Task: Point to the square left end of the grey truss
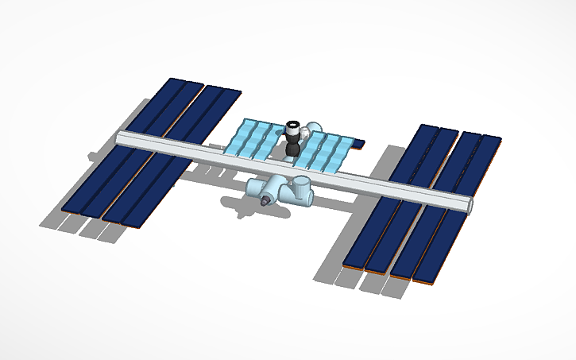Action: (119, 138)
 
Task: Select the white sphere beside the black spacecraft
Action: (315, 127)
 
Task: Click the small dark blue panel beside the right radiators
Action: (358, 144)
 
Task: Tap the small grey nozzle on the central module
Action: (263, 204)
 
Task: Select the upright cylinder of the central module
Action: (303, 190)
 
